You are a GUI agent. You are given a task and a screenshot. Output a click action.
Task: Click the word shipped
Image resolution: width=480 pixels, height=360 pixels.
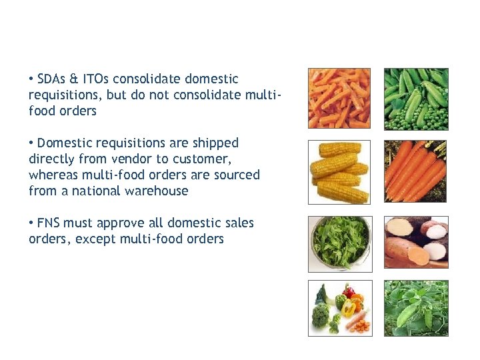tap(215, 143)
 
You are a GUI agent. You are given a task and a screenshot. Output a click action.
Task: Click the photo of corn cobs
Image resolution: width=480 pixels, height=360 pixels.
tap(339, 172)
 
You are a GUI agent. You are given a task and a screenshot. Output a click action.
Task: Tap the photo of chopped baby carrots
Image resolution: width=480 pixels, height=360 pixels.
tap(339, 98)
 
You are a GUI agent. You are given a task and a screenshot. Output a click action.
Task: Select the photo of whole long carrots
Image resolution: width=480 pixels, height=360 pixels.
tap(416, 172)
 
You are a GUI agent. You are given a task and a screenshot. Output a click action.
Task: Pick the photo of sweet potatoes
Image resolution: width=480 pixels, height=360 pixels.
tap(416, 241)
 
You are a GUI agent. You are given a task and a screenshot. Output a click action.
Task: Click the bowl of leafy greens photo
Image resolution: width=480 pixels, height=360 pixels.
tap(339, 243)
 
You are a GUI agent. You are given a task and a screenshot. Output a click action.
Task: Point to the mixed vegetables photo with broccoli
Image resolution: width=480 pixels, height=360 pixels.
tap(339, 308)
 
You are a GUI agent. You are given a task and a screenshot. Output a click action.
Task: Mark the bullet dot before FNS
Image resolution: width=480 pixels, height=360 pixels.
tap(31, 223)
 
